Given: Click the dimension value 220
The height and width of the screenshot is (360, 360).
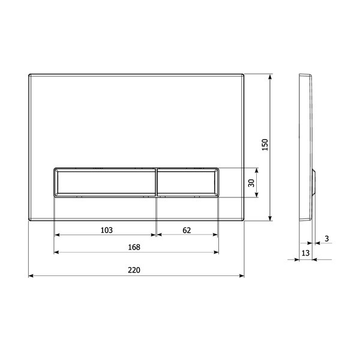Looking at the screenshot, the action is pyautogui.click(x=134, y=270).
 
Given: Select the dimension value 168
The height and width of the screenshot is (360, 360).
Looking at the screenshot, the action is pyautogui.click(x=134, y=247).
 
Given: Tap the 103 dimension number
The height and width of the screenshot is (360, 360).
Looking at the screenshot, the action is pyautogui.click(x=107, y=230).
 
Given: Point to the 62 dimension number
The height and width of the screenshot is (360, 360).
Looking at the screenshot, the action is pyautogui.click(x=187, y=230).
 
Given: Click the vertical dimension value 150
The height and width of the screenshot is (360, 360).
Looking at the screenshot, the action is pyautogui.click(x=265, y=145).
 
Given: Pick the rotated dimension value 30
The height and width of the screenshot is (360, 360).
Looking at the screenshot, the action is pyautogui.click(x=251, y=183).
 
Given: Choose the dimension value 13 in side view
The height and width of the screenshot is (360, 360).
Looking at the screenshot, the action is pyautogui.click(x=305, y=253).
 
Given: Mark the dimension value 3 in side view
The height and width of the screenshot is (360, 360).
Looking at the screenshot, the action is pyautogui.click(x=327, y=239).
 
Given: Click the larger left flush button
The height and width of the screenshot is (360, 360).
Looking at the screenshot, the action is pyautogui.click(x=105, y=182).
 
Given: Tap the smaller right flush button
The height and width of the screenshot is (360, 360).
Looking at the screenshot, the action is pyautogui.click(x=188, y=182).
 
